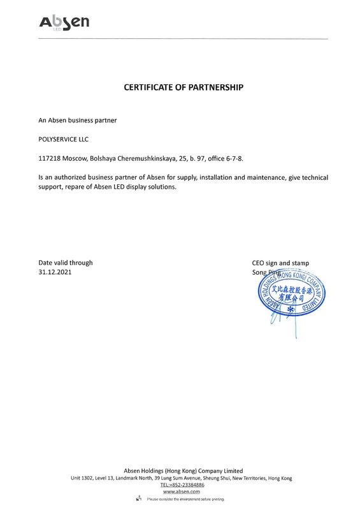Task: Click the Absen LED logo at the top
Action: pos(64,22)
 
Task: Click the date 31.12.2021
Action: pos(55,272)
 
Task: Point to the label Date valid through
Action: pos(65,263)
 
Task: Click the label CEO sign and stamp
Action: pos(281,263)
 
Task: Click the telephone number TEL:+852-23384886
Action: pos(182,485)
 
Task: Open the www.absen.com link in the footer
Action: pos(182,492)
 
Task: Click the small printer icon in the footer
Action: pos(138,499)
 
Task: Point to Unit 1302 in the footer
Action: pos(85,478)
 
